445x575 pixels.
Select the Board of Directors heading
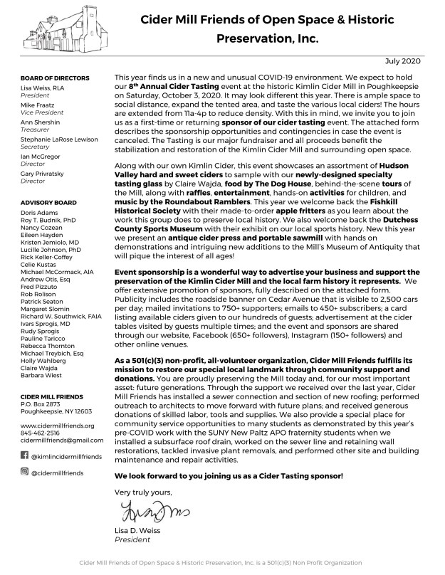coord(55,77)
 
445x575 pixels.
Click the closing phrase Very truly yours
coord(143,491)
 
